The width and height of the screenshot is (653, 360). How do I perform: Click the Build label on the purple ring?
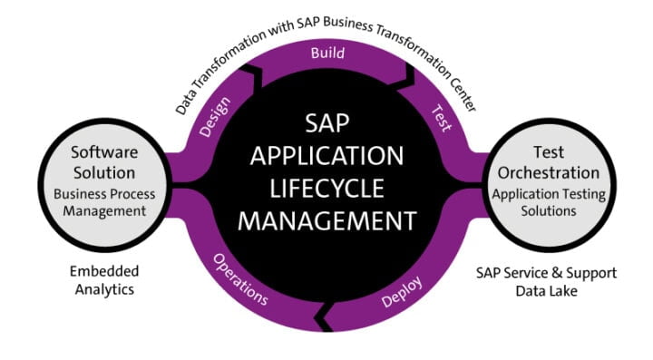click(x=327, y=53)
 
